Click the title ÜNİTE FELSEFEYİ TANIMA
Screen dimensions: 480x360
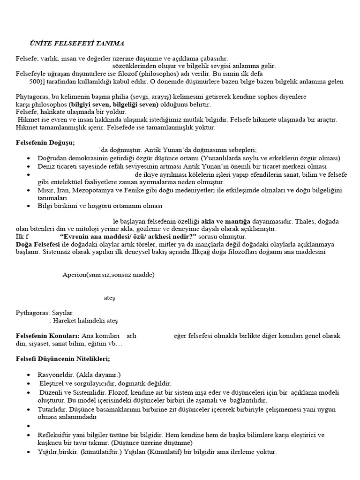coord(77,43)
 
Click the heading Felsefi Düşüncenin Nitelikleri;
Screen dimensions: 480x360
coord(63,359)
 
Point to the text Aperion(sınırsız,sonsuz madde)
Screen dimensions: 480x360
coord(108,274)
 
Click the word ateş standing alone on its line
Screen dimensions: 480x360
coord(109,298)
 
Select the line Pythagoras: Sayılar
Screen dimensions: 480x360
coord(44,313)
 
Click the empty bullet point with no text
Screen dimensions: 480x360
coord(30,426)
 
